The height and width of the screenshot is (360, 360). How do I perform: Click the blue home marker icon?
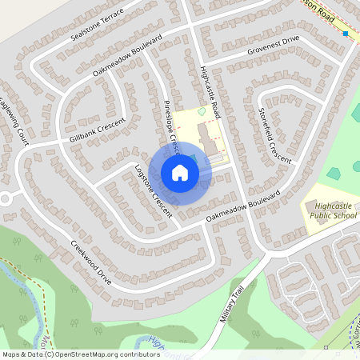[x=180, y=172]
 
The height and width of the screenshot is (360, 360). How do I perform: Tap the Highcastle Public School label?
[x=332, y=211]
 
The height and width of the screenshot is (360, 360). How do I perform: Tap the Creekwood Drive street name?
[x=90, y=257]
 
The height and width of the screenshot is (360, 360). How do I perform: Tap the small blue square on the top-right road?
[x=346, y=34]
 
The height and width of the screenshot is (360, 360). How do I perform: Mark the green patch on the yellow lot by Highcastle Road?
[x=201, y=114]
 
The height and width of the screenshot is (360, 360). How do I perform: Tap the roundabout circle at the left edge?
[x=6, y=198]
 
